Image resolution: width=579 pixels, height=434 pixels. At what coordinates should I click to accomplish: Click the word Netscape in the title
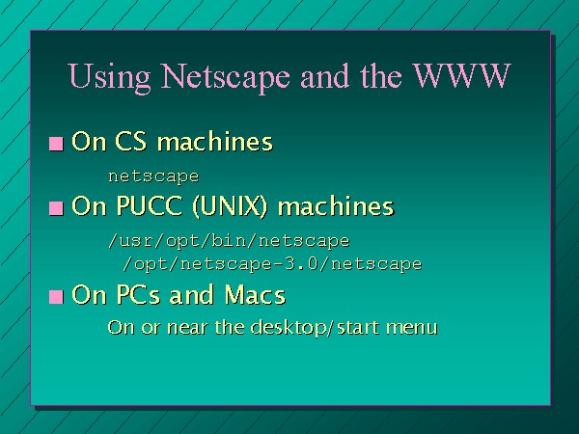coord(225,76)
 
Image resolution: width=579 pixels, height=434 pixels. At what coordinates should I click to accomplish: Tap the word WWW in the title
coord(461,75)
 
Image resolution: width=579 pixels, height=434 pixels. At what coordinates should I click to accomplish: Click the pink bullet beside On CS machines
coord(56,144)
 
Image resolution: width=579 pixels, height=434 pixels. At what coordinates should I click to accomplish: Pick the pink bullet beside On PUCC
coord(56,208)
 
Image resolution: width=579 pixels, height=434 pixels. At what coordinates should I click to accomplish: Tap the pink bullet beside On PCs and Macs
coord(56,297)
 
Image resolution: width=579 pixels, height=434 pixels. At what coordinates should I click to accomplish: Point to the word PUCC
coord(149,205)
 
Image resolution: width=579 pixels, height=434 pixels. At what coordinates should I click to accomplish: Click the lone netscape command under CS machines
coord(153,176)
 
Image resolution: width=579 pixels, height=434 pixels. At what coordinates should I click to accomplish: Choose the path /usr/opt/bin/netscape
coord(229,241)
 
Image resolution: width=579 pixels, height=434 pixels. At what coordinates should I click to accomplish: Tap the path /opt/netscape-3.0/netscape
coord(272,264)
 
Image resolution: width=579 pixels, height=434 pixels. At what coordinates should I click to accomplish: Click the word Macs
coord(255,294)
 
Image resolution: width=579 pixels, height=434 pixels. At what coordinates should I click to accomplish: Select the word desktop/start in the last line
coord(315,327)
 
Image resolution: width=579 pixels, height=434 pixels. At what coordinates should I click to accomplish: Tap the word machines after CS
coord(215,141)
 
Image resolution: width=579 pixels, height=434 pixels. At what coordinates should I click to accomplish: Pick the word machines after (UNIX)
coord(336,205)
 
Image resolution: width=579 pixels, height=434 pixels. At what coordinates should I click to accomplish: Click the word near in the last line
coord(186,328)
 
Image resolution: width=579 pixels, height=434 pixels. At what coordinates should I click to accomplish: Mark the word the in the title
coord(381,76)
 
